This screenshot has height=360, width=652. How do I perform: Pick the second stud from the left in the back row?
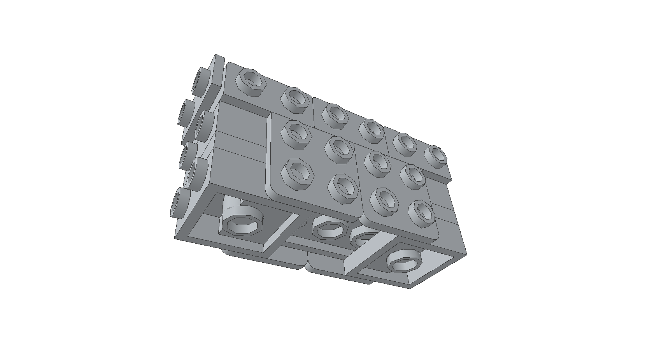(295, 99)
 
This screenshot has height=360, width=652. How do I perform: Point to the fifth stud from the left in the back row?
(405, 143)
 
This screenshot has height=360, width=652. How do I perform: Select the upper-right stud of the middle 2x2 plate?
(338, 149)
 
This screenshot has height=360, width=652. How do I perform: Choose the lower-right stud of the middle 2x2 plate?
(342, 189)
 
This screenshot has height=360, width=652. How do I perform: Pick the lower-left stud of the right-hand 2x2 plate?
(384, 202)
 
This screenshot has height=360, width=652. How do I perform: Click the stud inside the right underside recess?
(405, 261)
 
